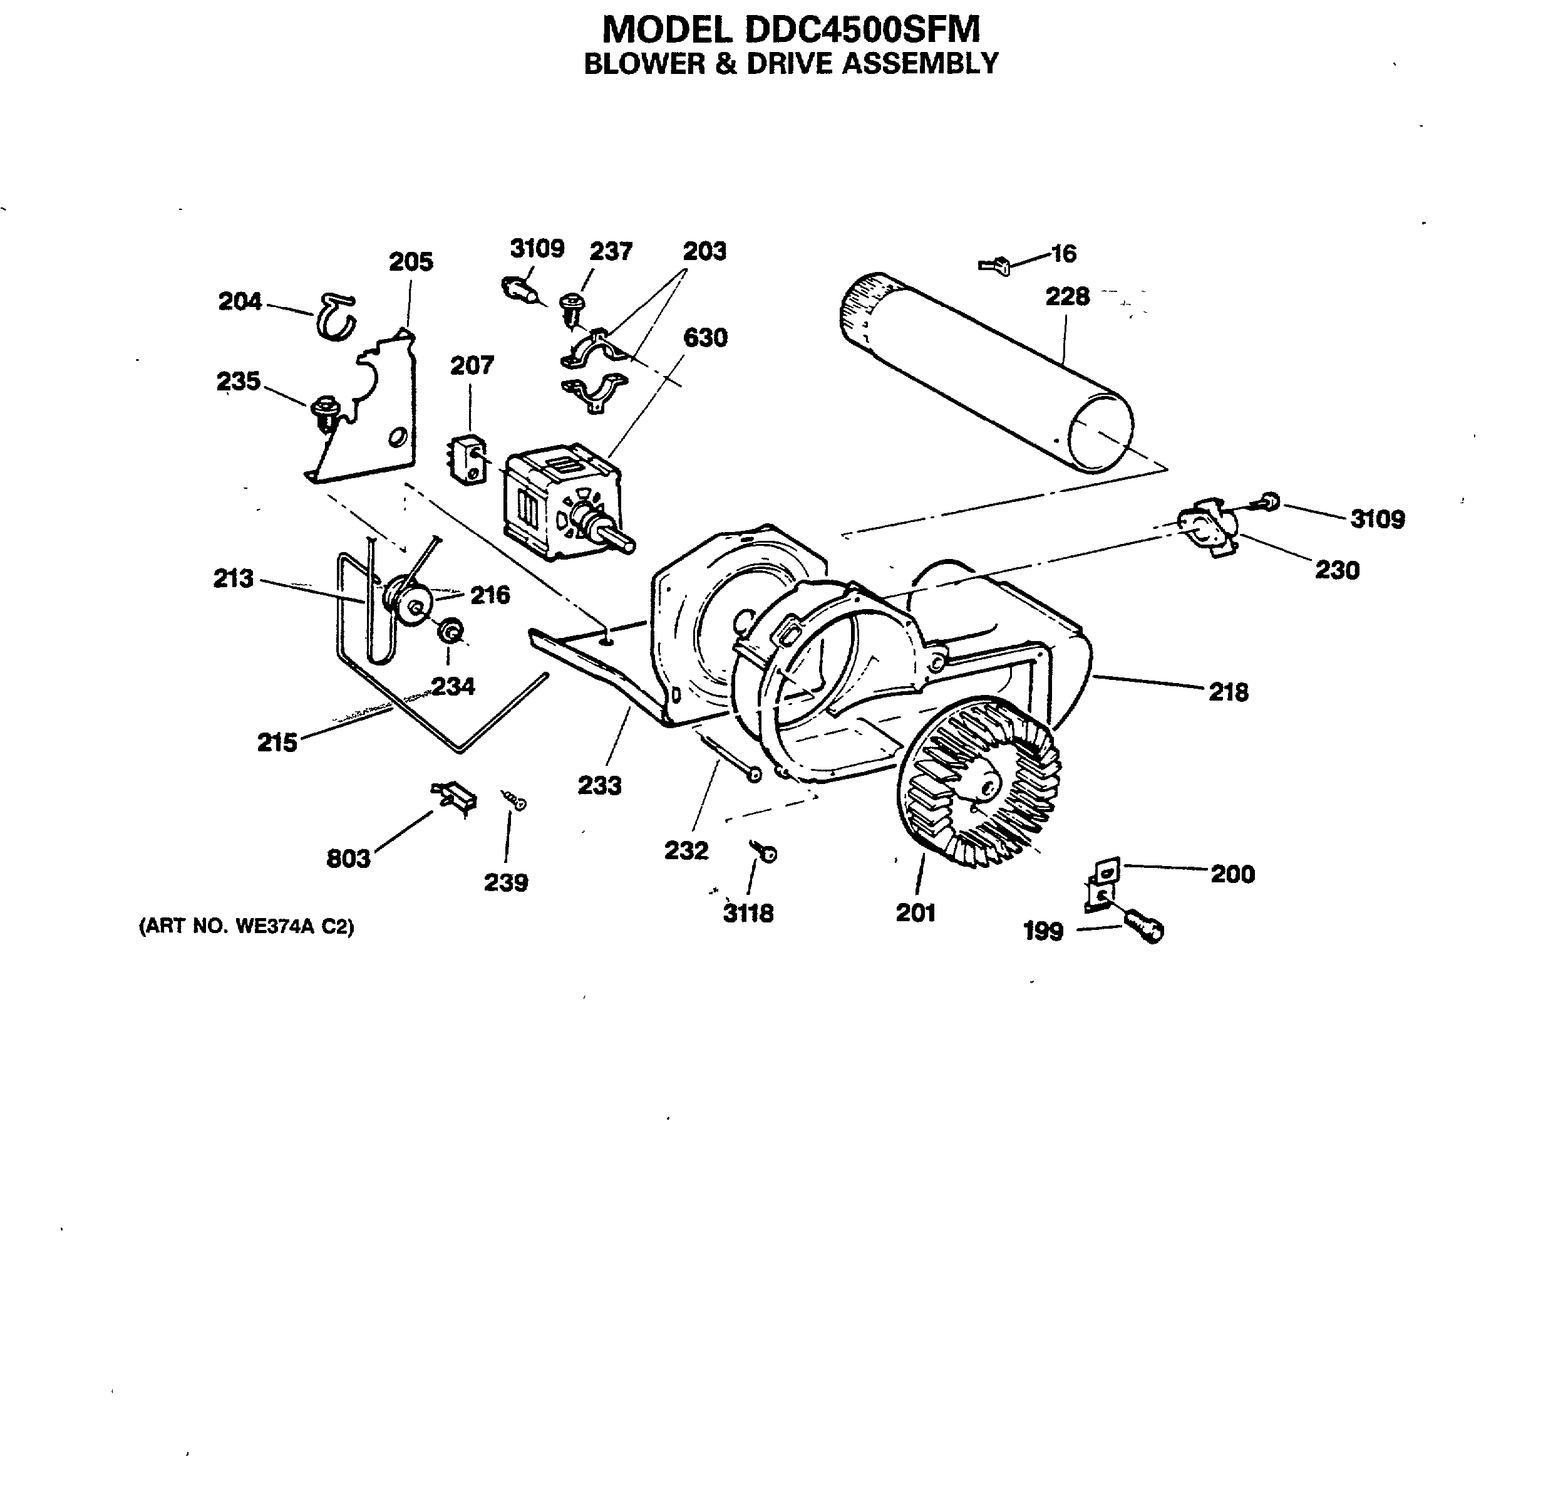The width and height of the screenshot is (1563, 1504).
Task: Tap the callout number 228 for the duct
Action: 1067,297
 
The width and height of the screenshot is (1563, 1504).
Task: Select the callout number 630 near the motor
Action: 705,338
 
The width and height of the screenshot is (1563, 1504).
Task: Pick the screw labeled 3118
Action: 767,854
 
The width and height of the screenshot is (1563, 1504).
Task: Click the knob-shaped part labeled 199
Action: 1144,928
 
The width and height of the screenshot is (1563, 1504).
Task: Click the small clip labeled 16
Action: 996,265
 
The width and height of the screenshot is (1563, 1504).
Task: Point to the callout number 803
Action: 349,859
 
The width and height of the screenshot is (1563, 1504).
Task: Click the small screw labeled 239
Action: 513,800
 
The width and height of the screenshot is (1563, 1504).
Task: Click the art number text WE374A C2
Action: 247,926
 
